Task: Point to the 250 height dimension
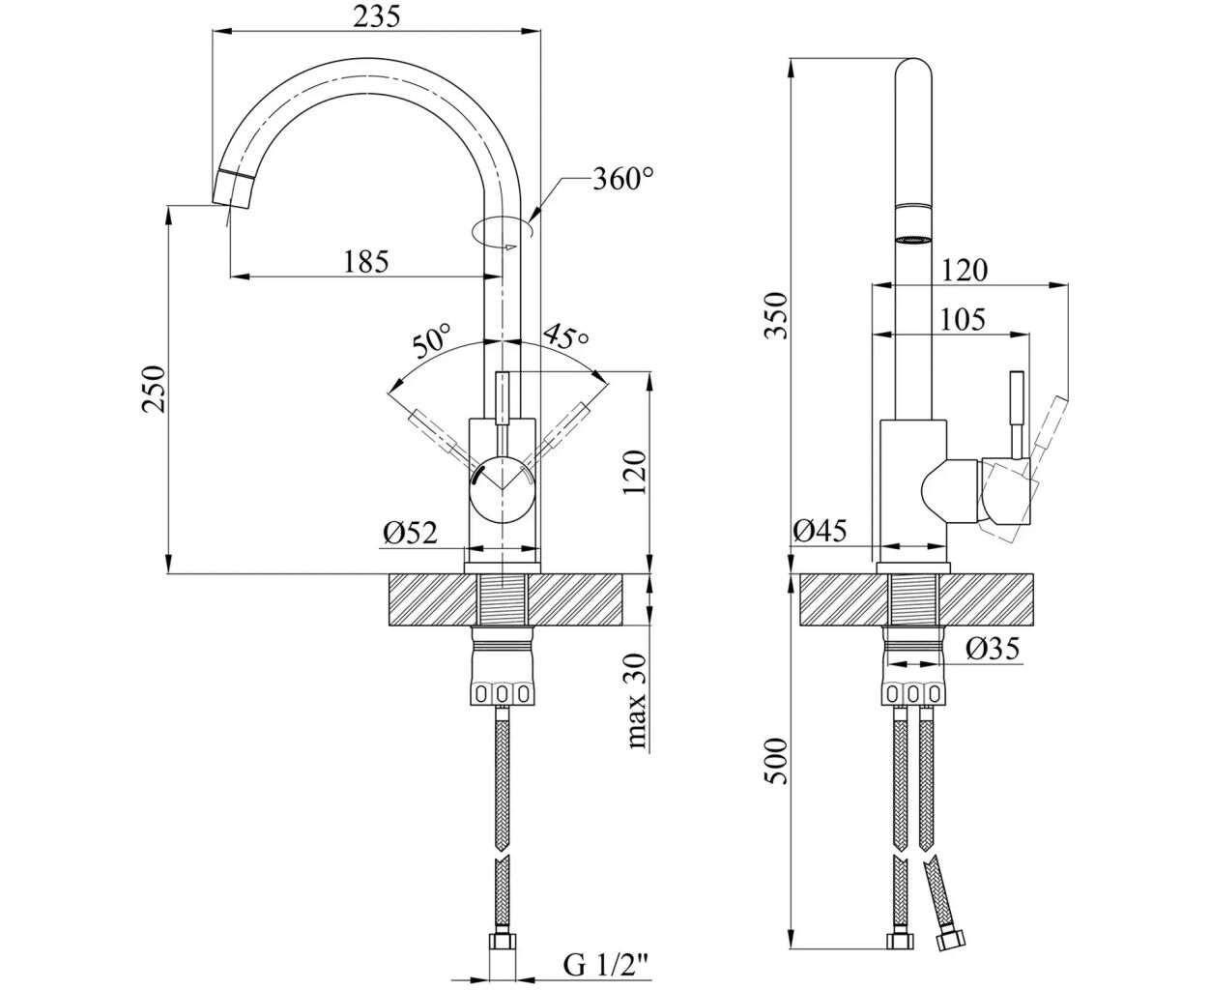click(x=155, y=389)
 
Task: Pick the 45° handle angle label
click(x=565, y=338)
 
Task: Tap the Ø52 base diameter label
click(x=410, y=532)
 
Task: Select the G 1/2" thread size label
click(x=606, y=964)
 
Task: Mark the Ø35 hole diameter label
click(x=993, y=650)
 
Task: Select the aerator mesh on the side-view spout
click(x=913, y=238)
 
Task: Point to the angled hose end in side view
click(x=938, y=899)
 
